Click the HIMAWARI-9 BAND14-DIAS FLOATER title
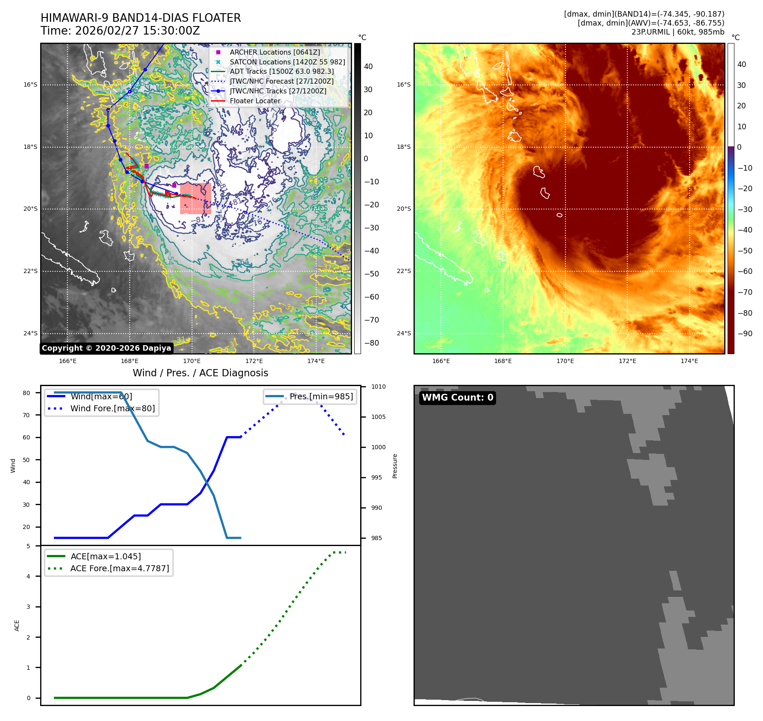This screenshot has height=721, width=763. click(140, 18)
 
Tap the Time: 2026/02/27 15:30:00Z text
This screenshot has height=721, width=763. click(120, 31)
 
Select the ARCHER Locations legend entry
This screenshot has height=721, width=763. click(274, 52)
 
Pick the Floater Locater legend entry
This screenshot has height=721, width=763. click(255, 101)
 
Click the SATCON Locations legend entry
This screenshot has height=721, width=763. click(287, 62)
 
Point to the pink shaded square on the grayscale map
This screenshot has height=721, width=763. click(195, 198)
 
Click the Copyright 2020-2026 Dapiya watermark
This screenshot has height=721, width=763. click(106, 348)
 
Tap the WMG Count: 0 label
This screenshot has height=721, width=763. click(457, 398)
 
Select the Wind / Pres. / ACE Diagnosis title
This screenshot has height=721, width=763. click(200, 373)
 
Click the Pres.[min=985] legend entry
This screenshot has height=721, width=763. click(321, 396)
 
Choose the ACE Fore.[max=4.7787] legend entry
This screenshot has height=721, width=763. click(119, 568)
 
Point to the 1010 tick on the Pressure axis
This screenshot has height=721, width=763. click(378, 387)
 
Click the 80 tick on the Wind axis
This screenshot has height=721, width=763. click(26, 393)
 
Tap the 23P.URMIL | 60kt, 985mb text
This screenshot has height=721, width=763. click(678, 32)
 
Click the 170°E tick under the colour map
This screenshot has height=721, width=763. click(565, 361)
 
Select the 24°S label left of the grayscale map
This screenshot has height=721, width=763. click(30, 333)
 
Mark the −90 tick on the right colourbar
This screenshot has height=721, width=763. click(745, 334)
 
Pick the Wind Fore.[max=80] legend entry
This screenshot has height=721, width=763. click(112, 408)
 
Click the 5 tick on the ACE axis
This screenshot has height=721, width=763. click(29, 546)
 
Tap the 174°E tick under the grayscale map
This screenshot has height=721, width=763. click(316, 361)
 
